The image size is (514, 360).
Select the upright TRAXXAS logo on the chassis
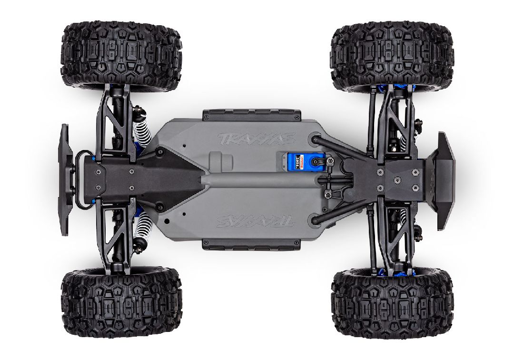257,139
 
